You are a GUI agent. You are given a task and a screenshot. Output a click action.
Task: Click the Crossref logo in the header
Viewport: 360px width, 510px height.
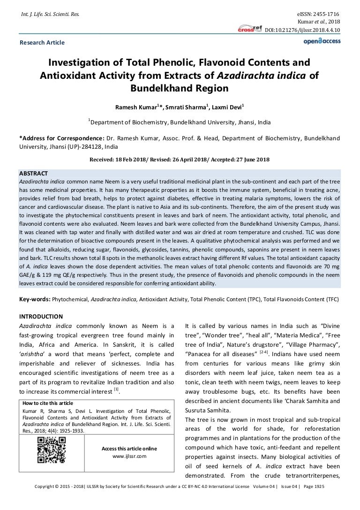[250, 28]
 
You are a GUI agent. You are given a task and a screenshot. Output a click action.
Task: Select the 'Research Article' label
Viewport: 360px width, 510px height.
[42, 43]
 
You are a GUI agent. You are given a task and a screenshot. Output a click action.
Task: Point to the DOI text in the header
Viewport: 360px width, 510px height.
[303, 30]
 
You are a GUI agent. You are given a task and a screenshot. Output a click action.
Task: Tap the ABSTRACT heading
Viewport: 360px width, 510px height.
[33, 174]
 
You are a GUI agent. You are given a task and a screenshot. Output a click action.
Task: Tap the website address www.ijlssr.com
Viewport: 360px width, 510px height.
[129, 456]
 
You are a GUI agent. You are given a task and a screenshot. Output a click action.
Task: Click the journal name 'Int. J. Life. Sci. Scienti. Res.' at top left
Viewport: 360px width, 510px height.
[48, 15]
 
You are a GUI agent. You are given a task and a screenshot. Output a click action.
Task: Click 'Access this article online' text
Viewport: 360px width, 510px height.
[129, 449]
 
